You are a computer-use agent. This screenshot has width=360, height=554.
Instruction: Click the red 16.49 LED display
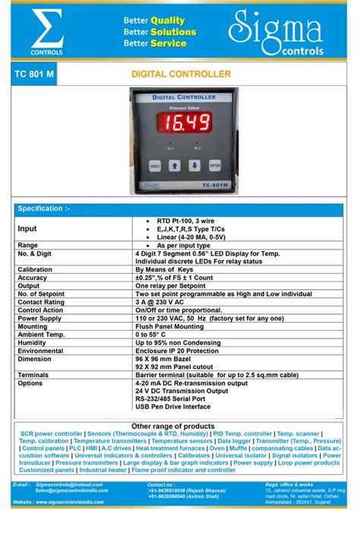coord(184,124)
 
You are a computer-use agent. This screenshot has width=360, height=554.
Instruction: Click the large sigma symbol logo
coord(46,30)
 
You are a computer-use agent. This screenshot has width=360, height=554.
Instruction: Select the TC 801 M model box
coord(33,75)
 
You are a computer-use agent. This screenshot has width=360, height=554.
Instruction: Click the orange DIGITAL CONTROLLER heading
coord(182,75)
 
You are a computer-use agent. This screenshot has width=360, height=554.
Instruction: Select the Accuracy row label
coord(32,278)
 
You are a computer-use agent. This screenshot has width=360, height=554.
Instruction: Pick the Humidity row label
coord(33,343)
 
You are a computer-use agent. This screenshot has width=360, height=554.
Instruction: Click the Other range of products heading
coord(173,426)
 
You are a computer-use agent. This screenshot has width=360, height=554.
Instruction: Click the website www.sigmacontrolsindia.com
coord(75,502)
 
